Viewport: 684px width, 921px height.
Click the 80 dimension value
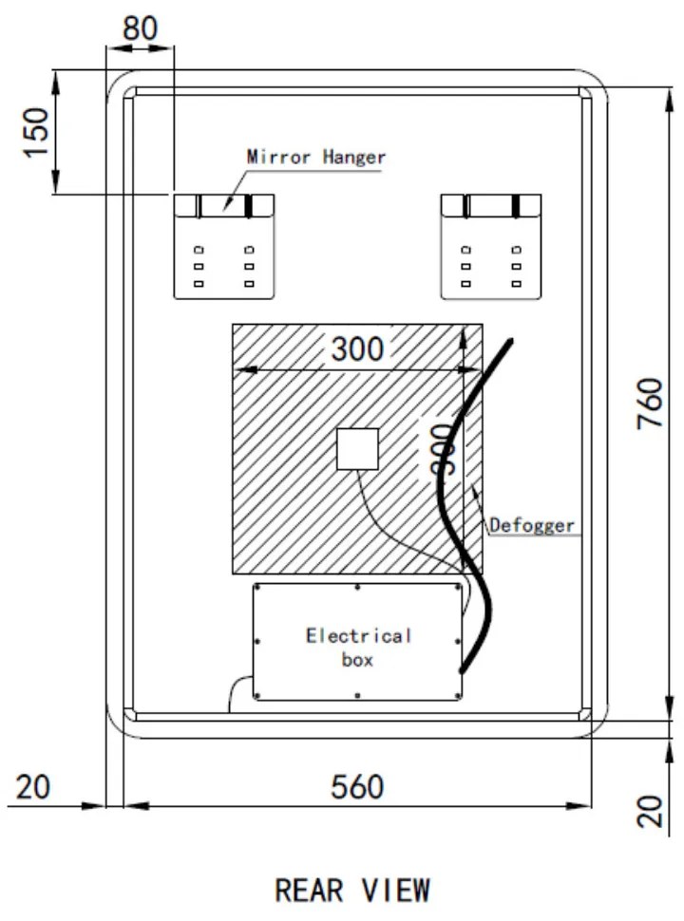coord(141,28)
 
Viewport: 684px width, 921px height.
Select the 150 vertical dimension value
coord(36,133)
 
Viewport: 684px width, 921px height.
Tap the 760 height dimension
coord(650,403)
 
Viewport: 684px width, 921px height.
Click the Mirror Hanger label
coord(316,156)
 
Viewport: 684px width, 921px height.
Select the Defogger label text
coord(533,523)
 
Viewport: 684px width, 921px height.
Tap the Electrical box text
coord(358,647)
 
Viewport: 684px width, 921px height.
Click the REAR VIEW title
coord(351,891)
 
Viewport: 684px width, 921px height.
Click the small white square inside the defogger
coord(358,449)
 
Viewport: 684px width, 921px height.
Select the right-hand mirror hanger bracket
coord(491,246)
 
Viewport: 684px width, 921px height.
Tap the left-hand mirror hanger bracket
coord(223,246)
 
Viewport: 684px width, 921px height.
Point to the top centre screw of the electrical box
coord(357,588)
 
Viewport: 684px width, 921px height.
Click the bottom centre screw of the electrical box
coord(357,698)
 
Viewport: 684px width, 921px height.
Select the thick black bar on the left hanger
coord(248,206)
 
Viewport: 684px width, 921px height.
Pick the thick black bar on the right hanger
coord(516,206)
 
